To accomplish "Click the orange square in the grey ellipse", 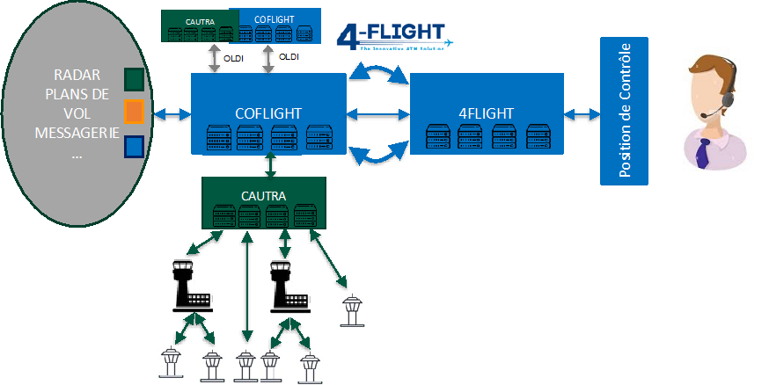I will click(134, 113).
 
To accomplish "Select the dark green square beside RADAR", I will click(134, 80).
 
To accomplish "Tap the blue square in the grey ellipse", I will click(134, 146).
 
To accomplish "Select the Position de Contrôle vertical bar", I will click(624, 111).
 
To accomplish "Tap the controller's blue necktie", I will click(702, 151).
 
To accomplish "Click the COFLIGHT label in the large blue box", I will click(268, 113).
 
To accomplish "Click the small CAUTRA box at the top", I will click(196, 26).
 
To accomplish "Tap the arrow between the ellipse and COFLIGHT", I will click(172, 114).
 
